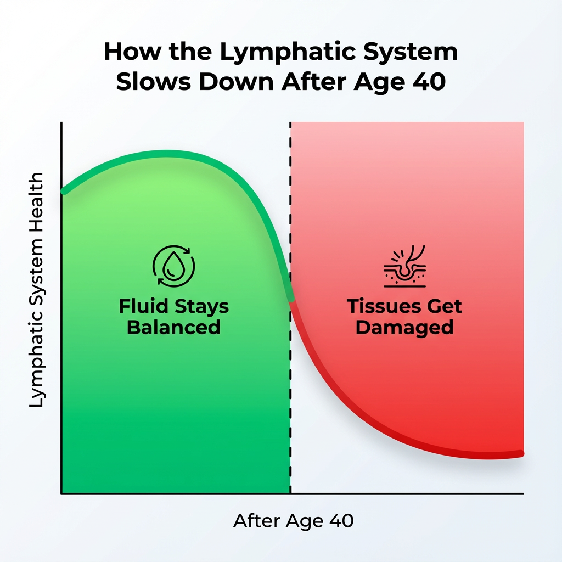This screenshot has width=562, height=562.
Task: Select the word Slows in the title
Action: point(154,82)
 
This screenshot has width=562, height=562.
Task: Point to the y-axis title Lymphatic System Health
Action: point(36,290)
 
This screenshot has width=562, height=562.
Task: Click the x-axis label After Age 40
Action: point(293,521)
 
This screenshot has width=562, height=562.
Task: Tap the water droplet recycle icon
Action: point(174,266)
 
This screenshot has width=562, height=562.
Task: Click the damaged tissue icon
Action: point(404,266)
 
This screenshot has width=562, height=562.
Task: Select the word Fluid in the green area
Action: point(143,306)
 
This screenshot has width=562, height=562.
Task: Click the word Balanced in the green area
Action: point(173,327)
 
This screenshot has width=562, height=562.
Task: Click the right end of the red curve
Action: point(521,454)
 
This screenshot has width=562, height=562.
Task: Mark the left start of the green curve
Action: point(64,192)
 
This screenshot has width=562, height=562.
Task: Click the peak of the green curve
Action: point(168,154)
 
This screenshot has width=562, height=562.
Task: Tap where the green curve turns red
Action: point(291,300)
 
